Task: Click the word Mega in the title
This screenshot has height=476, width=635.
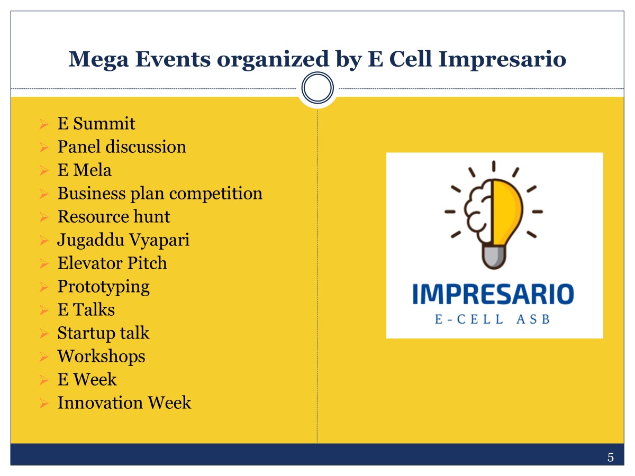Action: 98,60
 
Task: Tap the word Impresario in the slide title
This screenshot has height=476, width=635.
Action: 502,60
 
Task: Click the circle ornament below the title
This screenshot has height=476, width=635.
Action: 317,88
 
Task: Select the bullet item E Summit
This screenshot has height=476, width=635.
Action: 96,123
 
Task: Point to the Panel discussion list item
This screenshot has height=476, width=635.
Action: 122,147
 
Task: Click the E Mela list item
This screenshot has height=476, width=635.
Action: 85,170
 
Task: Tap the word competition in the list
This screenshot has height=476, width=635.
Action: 216,194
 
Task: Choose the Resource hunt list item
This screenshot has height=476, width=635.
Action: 114,216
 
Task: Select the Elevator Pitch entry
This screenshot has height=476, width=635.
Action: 112,263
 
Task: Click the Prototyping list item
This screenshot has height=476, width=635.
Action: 104,287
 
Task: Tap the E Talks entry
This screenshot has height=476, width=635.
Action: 86,310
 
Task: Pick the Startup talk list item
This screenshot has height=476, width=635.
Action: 103,334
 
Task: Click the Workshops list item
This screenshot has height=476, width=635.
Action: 101,356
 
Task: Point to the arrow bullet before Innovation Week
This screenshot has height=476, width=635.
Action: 44,403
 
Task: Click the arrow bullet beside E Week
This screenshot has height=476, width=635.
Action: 44,380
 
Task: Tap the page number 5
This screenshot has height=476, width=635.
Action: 611,457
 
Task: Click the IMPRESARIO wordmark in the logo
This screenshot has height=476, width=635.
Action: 493,294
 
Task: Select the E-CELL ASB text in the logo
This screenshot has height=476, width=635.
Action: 492,319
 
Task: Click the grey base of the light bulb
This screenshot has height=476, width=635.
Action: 494,257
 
